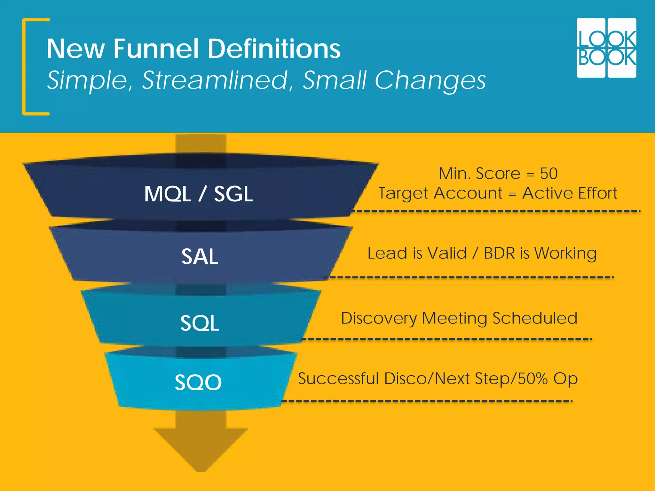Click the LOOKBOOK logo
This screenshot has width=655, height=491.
tap(606, 48)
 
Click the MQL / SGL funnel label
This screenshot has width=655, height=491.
tap(198, 194)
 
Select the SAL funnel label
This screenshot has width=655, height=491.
tap(200, 256)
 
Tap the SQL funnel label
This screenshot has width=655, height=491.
tap(200, 323)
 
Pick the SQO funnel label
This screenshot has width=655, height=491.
tap(198, 382)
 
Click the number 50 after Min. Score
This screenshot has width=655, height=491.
tap(549, 174)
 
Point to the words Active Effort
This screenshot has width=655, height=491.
tap(569, 193)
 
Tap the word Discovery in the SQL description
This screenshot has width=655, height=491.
tap(379, 318)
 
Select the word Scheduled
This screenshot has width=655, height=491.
tap(535, 318)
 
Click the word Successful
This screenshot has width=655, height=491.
tap(338, 378)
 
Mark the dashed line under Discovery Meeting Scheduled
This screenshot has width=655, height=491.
tap(446, 339)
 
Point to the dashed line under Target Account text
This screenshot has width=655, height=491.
tap(496, 211)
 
